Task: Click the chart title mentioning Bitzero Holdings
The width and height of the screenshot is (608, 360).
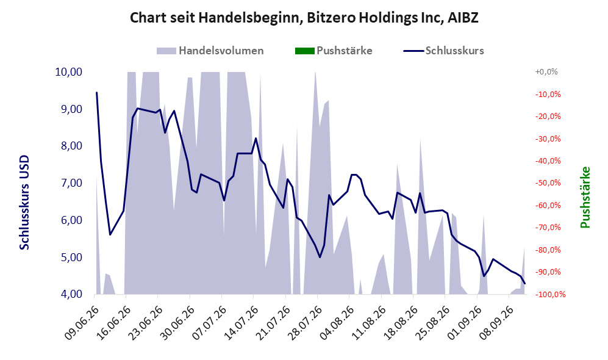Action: click(304, 18)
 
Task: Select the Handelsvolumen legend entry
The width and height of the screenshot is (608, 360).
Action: click(210, 51)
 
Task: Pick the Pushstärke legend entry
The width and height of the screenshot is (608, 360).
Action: click(334, 51)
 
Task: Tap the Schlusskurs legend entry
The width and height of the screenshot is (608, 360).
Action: click(443, 51)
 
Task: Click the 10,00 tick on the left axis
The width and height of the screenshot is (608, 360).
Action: click(69, 72)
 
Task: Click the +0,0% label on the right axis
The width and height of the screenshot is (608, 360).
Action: click(546, 72)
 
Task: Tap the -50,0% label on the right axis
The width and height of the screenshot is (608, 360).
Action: click(548, 183)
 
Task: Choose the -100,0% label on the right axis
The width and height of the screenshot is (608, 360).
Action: click(550, 295)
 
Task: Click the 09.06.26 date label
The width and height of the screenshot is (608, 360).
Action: click(82, 323)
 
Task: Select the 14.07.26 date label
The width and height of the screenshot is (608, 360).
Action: click(241, 323)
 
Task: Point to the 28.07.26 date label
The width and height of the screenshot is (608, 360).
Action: click(305, 323)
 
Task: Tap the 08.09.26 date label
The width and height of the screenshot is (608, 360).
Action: click(497, 323)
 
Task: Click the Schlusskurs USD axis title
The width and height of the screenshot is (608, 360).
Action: click(24, 203)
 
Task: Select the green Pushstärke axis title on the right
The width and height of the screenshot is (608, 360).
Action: click(585, 198)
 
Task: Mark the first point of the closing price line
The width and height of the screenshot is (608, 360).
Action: click(96, 92)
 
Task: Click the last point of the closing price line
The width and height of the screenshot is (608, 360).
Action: click(525, 284)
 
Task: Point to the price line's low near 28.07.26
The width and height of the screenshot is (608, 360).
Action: click(320, 257)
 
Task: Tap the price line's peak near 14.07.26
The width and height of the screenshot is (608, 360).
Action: click(256, 138)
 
